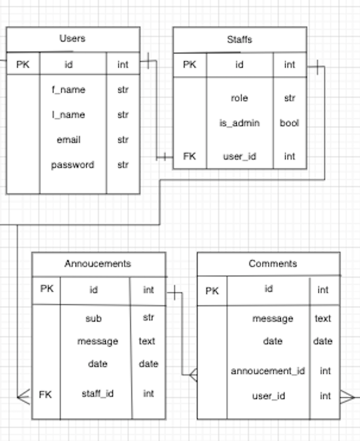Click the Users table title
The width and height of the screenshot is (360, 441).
point(72,38)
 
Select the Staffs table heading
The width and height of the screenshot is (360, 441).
point(239,40)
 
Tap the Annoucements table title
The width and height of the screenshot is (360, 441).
point(98,264)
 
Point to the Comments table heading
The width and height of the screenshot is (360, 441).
point(273,264)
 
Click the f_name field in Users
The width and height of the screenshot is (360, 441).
point(68,90)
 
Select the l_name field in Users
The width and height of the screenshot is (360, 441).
point(68,115)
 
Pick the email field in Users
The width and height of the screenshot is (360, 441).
point(68,140)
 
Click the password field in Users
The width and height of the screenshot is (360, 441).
point(72,165)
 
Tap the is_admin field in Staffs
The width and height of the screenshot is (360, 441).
point(239,123)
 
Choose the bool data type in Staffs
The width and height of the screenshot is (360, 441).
point(289,123)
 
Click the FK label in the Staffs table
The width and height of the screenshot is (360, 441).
point(189,156)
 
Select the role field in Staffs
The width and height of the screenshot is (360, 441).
point(239,98)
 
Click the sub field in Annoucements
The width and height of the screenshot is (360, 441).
point(93,318)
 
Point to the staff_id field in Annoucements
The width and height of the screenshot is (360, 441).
point(98,393)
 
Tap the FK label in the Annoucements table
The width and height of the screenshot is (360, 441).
point(45,395)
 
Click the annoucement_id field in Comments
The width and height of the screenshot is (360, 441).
point(268,371)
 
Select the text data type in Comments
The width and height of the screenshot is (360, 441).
point(323,318)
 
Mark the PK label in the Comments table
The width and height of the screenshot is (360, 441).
point(212,291)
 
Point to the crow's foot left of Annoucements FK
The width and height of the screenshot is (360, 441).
point(24,396)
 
